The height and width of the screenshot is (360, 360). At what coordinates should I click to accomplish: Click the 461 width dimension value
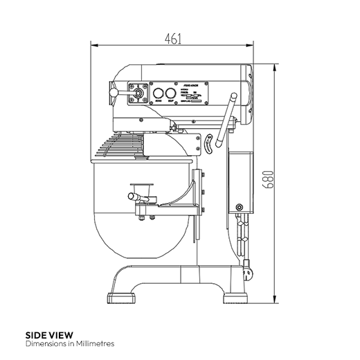(173, 39)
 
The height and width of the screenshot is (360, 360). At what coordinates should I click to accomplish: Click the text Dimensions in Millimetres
(69, 343)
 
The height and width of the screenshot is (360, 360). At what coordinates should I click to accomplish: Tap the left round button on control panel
(158, 94)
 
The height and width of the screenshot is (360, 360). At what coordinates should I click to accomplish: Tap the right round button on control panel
(170, 94)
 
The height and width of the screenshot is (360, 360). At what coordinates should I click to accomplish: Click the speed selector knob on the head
(136, 92)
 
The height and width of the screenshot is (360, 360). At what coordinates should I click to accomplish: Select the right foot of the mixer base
(237, 298)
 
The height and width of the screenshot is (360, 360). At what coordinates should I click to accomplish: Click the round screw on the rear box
(240, 207)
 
